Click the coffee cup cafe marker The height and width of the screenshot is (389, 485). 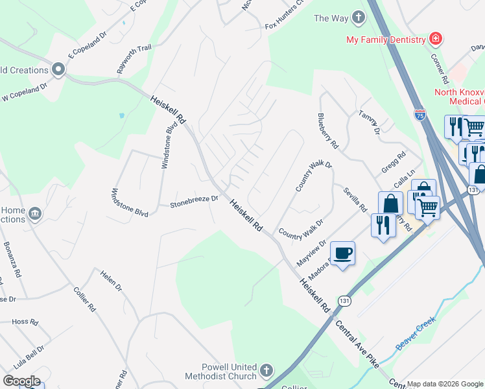pyautogui.click(x=342, y=253)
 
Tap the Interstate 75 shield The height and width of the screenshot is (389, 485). pyautogui.click(x=420, y=115)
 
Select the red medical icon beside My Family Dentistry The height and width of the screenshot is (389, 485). pyautogui.click(x=436, y=39)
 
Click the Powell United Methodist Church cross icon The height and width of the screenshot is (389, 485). pyautogui.click(x=265, y=371)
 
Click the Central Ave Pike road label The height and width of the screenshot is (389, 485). pyautogui.click(x=357, y=343)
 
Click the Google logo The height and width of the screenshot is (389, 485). pyautogui.click(x=21, y=381)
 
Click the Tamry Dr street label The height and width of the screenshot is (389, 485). pyautogui.click(x=368, y=122)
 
